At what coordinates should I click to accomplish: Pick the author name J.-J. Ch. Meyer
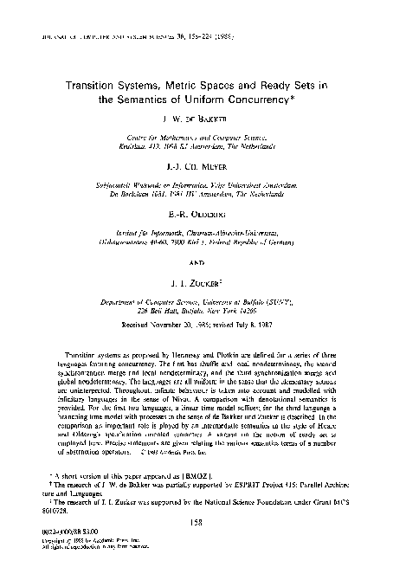click(196, 170)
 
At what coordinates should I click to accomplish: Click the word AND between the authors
click(196, 264)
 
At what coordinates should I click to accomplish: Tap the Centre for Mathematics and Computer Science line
click(196, 139)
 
